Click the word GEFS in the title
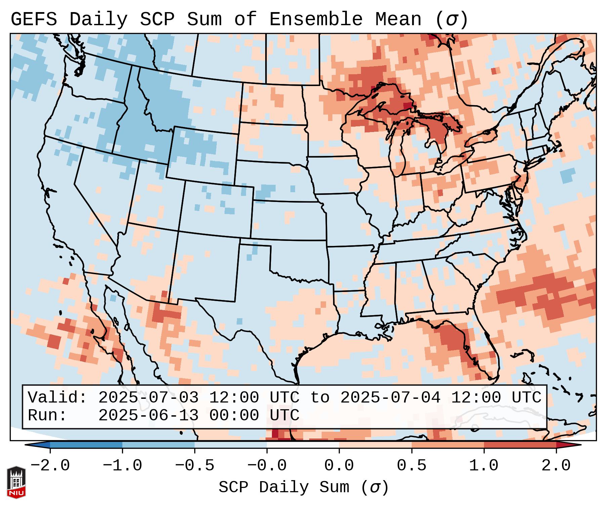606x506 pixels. coord(34,19)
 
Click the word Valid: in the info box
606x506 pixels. coord(57,398)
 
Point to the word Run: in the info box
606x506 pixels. coord(47,416)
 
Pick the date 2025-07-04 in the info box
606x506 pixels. coord(390,398)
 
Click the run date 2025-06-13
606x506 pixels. coord(148,416)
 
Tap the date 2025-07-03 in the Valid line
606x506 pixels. coord(148,398)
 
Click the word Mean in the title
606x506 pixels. coord(398,19)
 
